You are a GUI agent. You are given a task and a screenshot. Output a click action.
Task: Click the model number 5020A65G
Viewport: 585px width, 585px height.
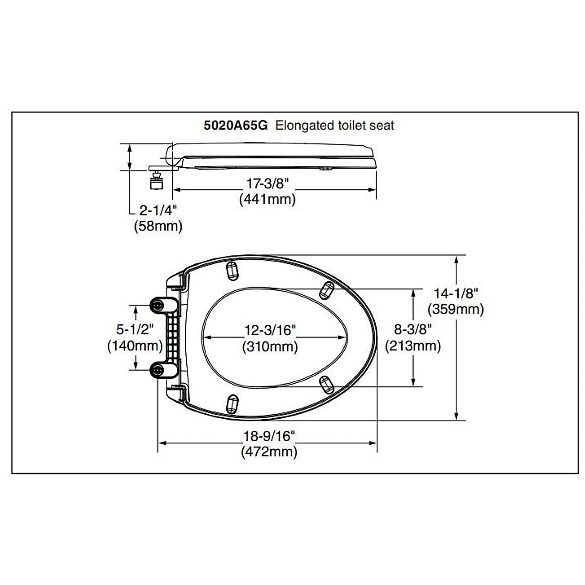[x=235, y=125]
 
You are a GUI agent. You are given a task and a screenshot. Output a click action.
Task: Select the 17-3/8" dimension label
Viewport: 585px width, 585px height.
[x=267, y=184]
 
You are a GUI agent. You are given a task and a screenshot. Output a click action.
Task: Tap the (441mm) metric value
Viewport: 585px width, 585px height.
[x=267, y=199]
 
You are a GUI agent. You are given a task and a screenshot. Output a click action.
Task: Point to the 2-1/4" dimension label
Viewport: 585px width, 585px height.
[x=157, y=211]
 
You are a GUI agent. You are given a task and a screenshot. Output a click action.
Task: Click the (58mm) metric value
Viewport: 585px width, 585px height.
[x=158, y=226]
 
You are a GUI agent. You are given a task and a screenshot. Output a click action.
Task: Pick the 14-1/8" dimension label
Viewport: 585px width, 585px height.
[x=455, y=293]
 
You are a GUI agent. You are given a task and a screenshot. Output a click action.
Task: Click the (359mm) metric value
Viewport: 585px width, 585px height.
[x=455, y=309]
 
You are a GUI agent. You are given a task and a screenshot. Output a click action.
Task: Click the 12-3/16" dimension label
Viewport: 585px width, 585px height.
[x=270, y=331]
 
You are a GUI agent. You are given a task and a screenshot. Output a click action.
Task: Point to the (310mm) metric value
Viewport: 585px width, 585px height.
[x=270, y=346]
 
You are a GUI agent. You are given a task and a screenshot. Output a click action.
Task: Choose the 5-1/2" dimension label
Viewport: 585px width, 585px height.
[x=135, y=330]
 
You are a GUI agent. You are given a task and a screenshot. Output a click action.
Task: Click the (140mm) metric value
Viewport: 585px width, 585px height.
[x=135, y=346]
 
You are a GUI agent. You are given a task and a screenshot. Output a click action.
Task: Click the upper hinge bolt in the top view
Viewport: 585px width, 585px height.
[x=157, y=305]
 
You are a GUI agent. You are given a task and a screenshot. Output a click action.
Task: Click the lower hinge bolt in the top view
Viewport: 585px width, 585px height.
[x=157, y=370]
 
